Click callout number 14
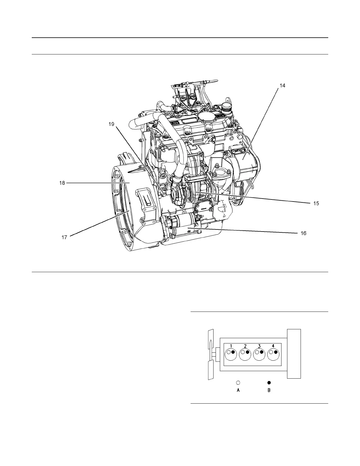pos(282,86)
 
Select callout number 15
pos(316,203)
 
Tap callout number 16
pos(304,233)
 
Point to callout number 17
pos(64,237)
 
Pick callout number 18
pos(62,183)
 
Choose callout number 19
pos(111,124)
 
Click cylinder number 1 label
pos(231,346)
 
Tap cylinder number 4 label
pos(273,346)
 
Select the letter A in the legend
pos(239,390)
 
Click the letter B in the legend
pos(269,390)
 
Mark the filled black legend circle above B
pos(269,382)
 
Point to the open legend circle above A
pos(239,382)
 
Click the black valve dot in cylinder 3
pos(261,352)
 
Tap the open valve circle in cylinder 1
pos(229,352)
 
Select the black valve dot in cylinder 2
pos(247,352)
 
